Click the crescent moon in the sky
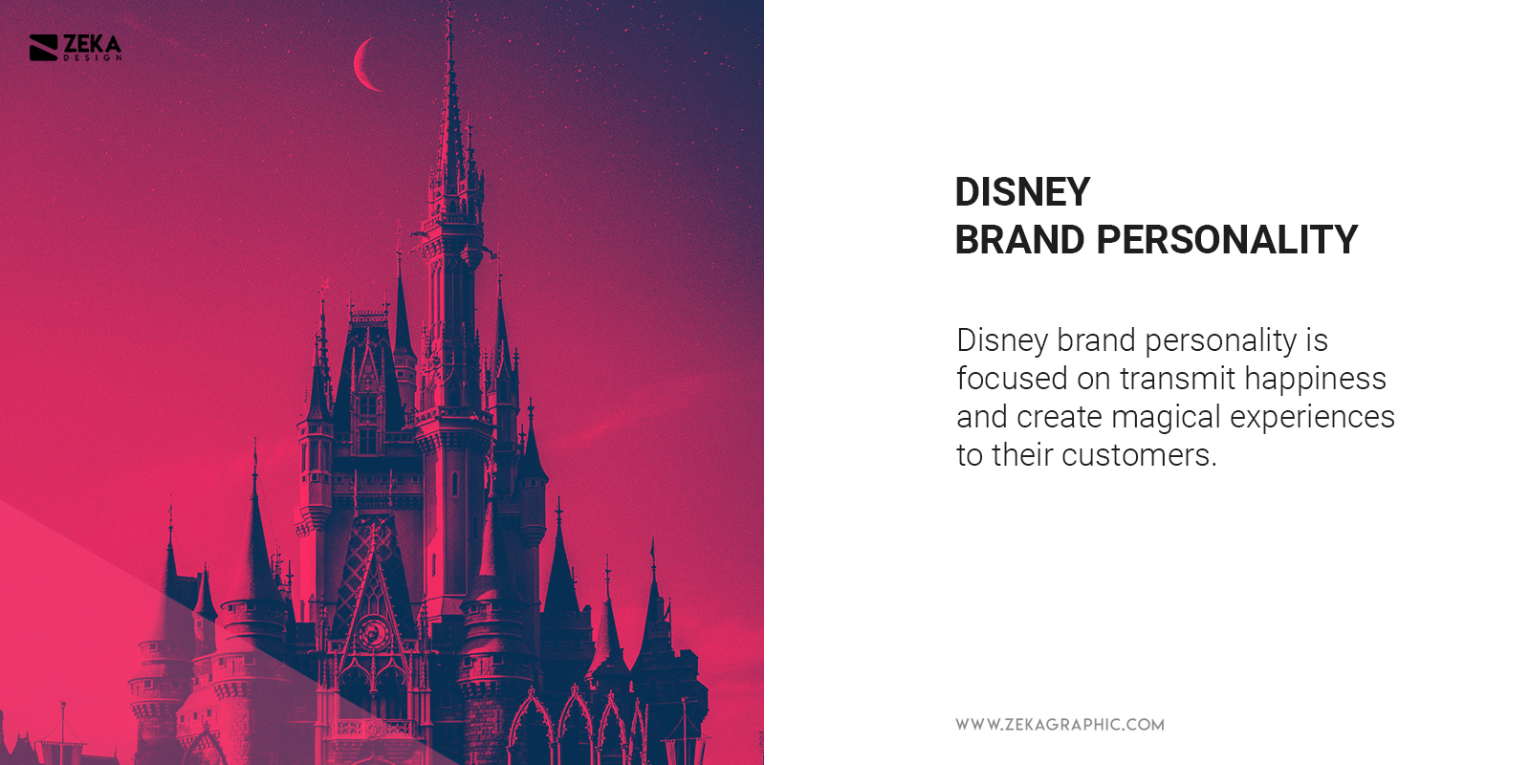coord(363,65)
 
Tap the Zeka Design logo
coord(75,47)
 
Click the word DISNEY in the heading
coord(1022,192)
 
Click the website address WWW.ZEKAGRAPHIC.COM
coord(1060,725)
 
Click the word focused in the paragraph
coord(1012,379)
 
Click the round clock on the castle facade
coord(372,632)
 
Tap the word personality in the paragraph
coord(1220,341)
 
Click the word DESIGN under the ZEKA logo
coord(93,58)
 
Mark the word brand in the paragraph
coord(1096,340)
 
